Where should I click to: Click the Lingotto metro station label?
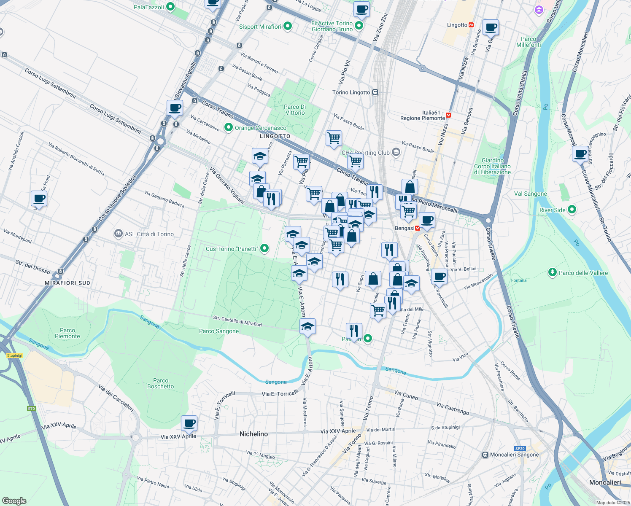[457, 25]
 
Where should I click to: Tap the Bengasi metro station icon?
[418, 228]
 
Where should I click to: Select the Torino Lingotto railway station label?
[351, 92]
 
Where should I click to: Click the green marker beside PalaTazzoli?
[170, 7]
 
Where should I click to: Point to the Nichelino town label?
[253, 434]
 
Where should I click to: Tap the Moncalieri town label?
[605, 482]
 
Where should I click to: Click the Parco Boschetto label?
[160, 383]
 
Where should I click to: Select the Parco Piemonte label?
[67, 333]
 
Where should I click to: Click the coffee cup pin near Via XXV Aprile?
[189, 423]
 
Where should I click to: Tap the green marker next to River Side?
[572, 210]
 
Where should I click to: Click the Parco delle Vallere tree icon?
[552, 272]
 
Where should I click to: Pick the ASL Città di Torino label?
[149, 234]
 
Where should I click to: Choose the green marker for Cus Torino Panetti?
[264, 248]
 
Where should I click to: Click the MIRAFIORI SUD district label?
[67, 283]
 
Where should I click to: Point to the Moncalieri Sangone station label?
[514, 455]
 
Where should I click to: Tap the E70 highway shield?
[31, 409]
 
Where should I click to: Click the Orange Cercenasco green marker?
[229, 127]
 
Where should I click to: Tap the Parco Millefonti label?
[529, 42]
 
